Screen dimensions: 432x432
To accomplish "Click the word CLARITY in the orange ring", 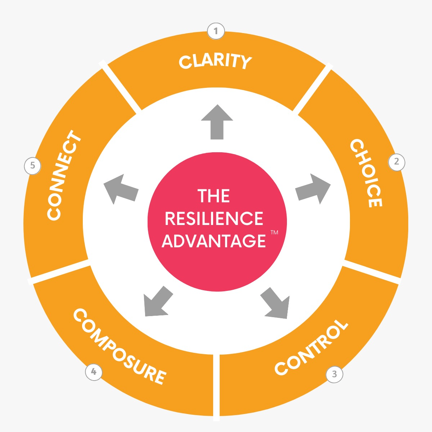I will (x=215, y=62).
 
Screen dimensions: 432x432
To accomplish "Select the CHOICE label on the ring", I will (x=366, y=173).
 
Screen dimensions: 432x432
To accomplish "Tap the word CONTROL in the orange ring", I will (x=311, y=347).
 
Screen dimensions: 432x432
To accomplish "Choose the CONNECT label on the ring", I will (x=64, y=175).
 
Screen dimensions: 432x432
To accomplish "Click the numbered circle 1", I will (x=216, y=31).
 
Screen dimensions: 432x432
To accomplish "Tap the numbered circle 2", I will (x=397, y=162).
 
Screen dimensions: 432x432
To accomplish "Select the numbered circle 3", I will (x=334, y=374).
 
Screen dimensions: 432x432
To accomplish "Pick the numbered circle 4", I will (x=94, y=372).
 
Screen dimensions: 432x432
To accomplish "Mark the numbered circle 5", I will (x=32, y=166).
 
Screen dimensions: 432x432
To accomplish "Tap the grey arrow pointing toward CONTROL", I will (x=276, y=303).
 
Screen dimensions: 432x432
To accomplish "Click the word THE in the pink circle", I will (x=214, y=196).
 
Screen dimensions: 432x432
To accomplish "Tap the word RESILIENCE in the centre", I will (x=214, y=219).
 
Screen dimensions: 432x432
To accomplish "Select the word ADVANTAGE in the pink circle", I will (x=214, y=240).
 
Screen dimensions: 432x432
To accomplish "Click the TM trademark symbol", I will (x=274, y=233).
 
